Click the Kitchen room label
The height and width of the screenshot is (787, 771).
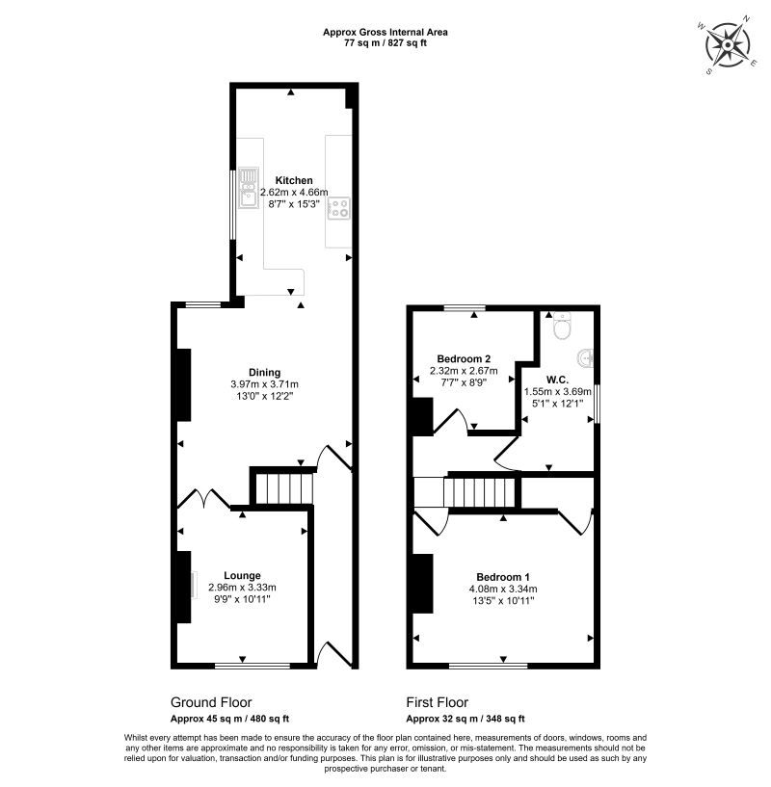(294, 180)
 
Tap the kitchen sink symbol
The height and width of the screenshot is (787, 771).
(248, 188)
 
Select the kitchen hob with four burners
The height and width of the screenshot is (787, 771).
(338, 208)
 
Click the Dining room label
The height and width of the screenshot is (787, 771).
(265, 373)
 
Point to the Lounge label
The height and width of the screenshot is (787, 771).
(242, 576)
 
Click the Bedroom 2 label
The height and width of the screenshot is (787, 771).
(464, 359)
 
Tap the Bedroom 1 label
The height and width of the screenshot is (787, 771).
(503, 577)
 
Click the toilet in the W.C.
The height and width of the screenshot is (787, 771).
(562, 326)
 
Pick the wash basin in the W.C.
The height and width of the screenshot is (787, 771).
(585, 358)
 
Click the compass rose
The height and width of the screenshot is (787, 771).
(728, 45)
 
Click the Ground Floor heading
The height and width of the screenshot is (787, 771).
(211, 702)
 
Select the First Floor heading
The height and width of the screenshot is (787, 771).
(437, 702)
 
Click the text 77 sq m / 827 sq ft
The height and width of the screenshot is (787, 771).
(385, 43)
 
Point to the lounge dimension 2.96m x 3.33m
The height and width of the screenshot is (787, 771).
(242, 588)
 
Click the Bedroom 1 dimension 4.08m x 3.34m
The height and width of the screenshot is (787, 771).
(503, 589)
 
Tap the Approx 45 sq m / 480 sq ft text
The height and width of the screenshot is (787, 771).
(229, 719)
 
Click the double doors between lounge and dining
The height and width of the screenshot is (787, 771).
(204, 498)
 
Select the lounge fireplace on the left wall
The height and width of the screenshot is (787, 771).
(184, 587)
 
